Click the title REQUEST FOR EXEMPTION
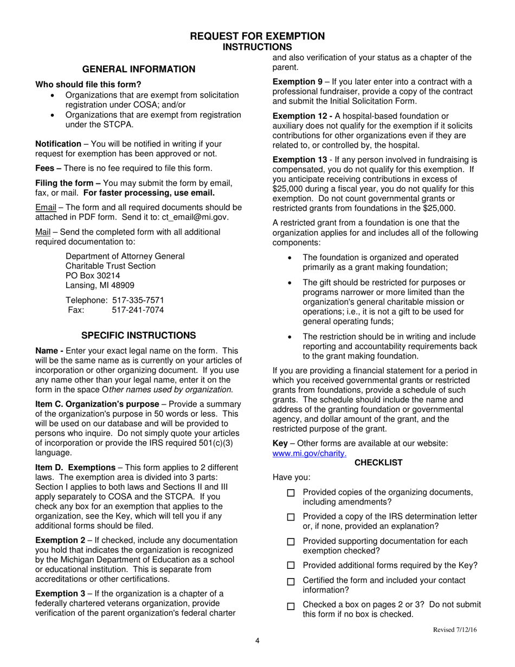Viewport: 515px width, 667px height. click(x=257, y=36)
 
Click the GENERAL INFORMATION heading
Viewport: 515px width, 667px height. click(x=138, y=69)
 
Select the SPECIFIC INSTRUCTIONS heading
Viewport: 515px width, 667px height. click(x=138, y=336)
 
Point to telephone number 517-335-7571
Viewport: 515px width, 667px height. click(x=138, y=300)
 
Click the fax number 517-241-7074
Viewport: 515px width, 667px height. click(x=138, y=310)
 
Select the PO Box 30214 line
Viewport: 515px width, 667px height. click(x=93, y=275)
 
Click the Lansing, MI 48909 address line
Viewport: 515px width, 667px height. click(x=100, y=285)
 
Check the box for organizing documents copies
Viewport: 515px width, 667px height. click(x=291, y=493)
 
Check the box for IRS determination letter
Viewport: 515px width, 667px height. click(x=291, y=517)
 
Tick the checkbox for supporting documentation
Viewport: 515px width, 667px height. click(x=291, y=542)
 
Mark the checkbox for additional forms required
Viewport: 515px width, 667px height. click(x=291, y=566)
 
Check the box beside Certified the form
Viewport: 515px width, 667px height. click(x=291, y=581)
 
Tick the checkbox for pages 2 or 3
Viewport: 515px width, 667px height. click(x=291, y=606)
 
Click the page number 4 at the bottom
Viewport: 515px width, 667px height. click(x=257, y=641)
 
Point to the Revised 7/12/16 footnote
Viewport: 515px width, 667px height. click(x=455, y=630)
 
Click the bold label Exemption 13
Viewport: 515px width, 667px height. click(x=299, y=160)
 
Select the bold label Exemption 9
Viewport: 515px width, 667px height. click(x=297, y=82)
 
